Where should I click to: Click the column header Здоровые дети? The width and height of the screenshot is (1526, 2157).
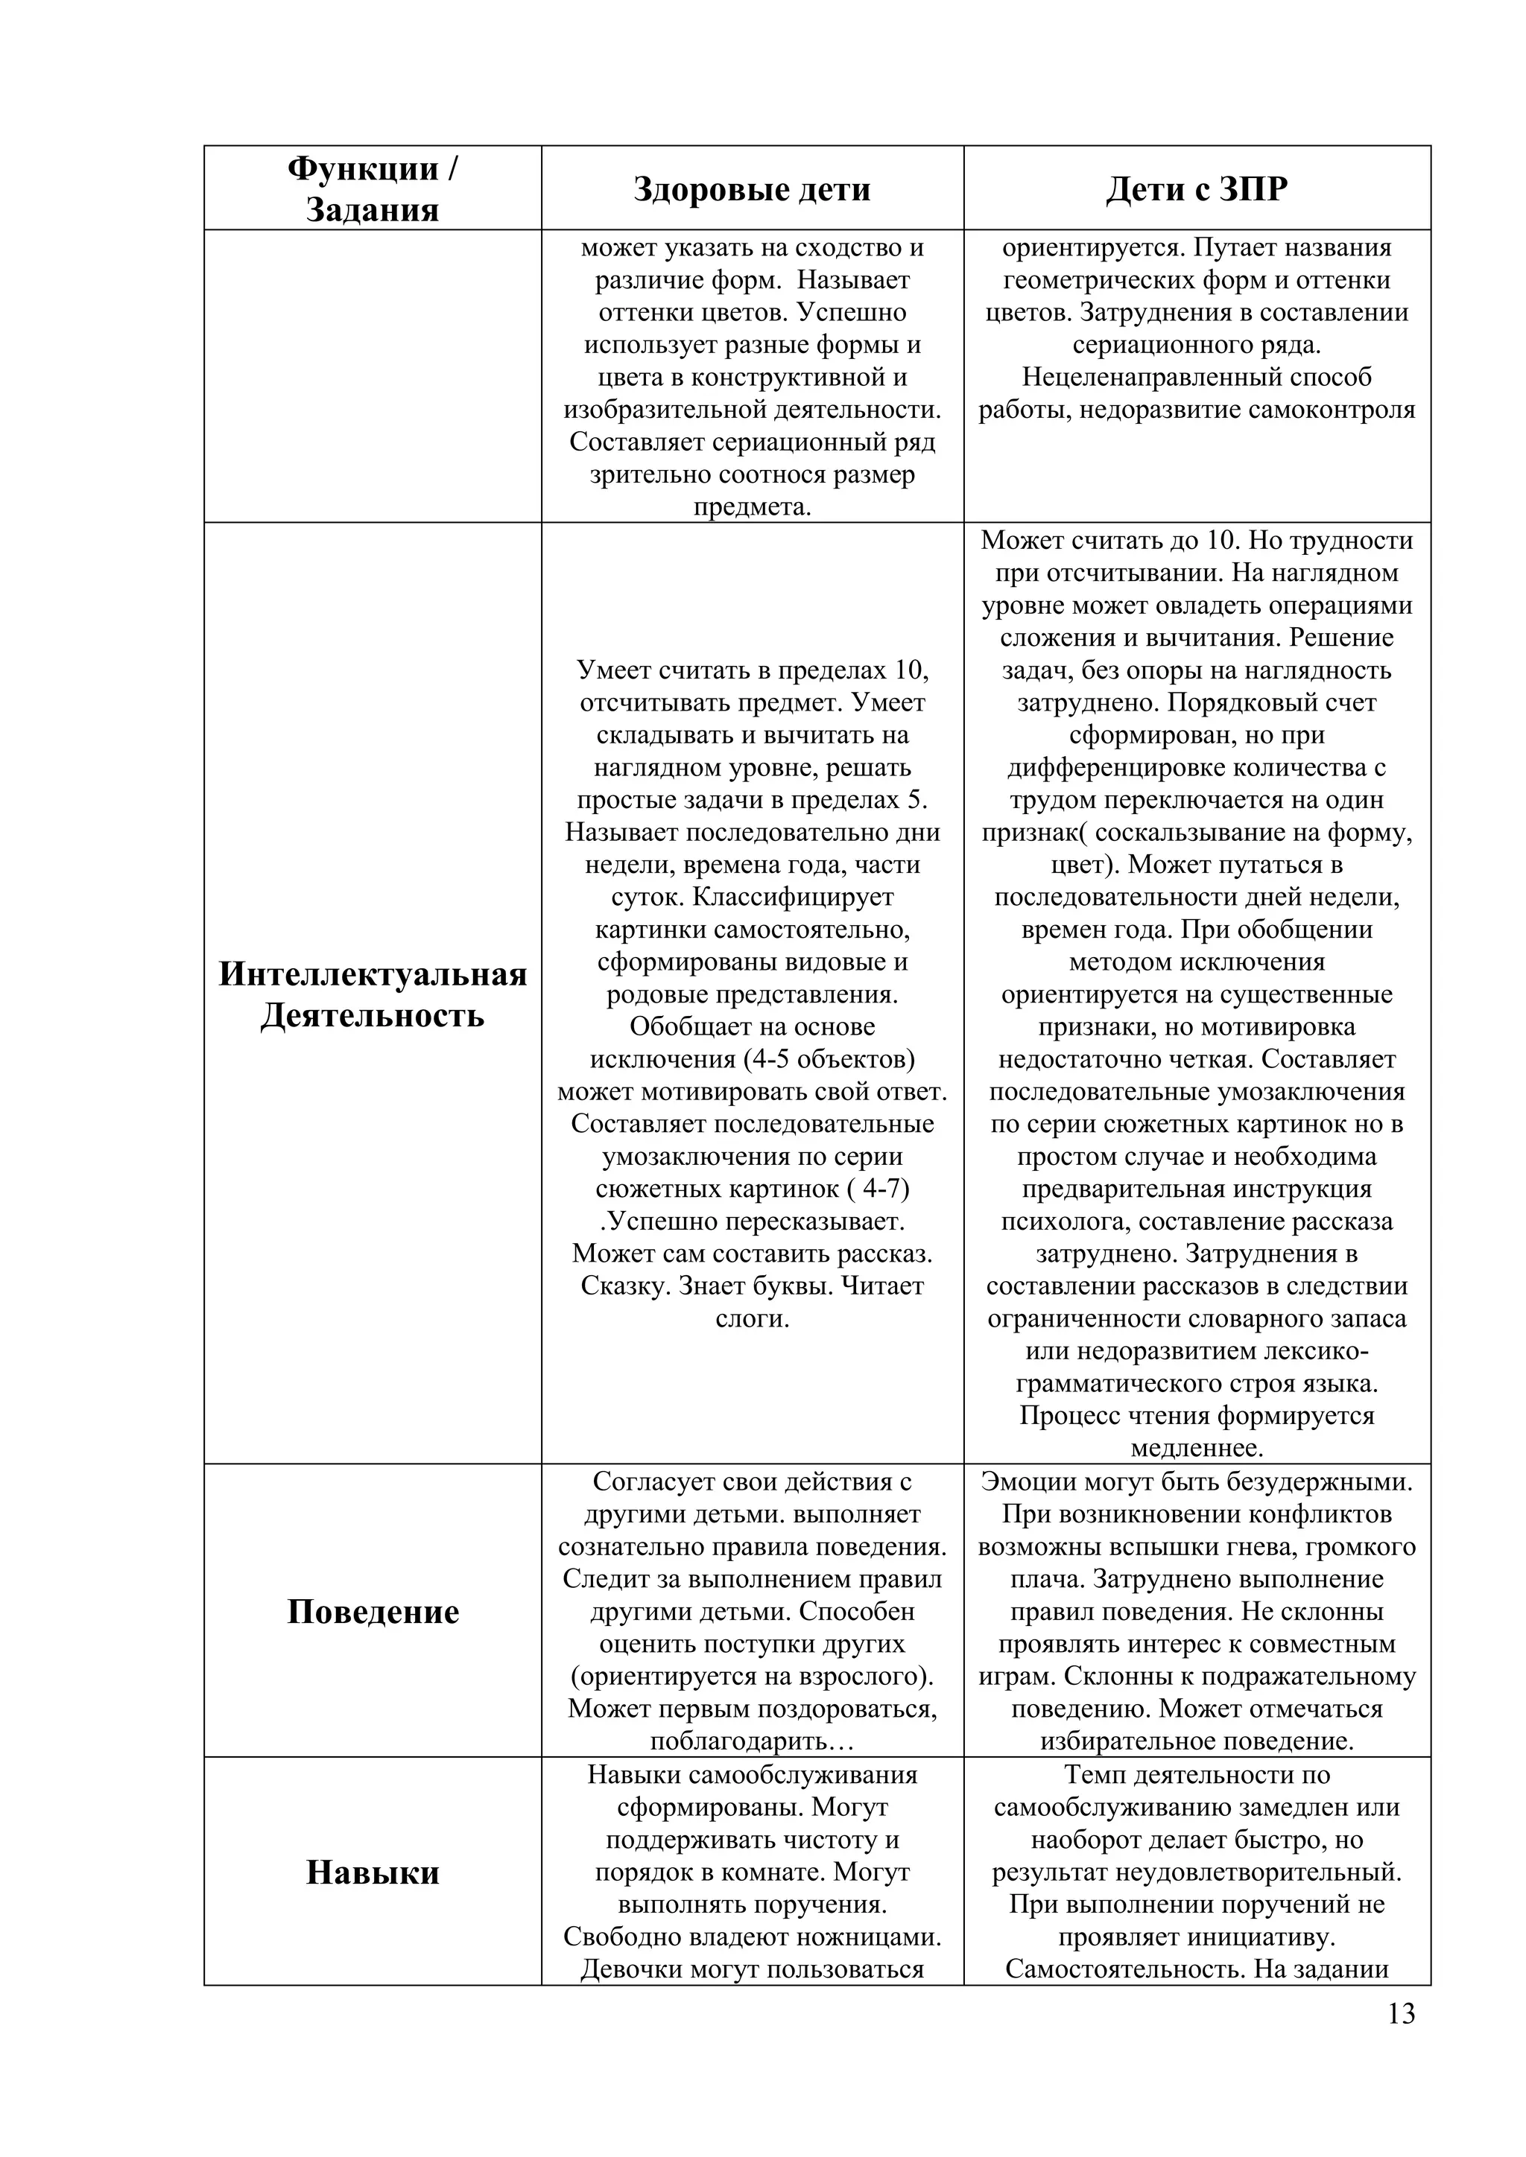tap(752, 189)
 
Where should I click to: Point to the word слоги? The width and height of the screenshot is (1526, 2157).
tap(752, 1319)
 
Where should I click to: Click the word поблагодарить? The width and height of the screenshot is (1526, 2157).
tap(734, 1741)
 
